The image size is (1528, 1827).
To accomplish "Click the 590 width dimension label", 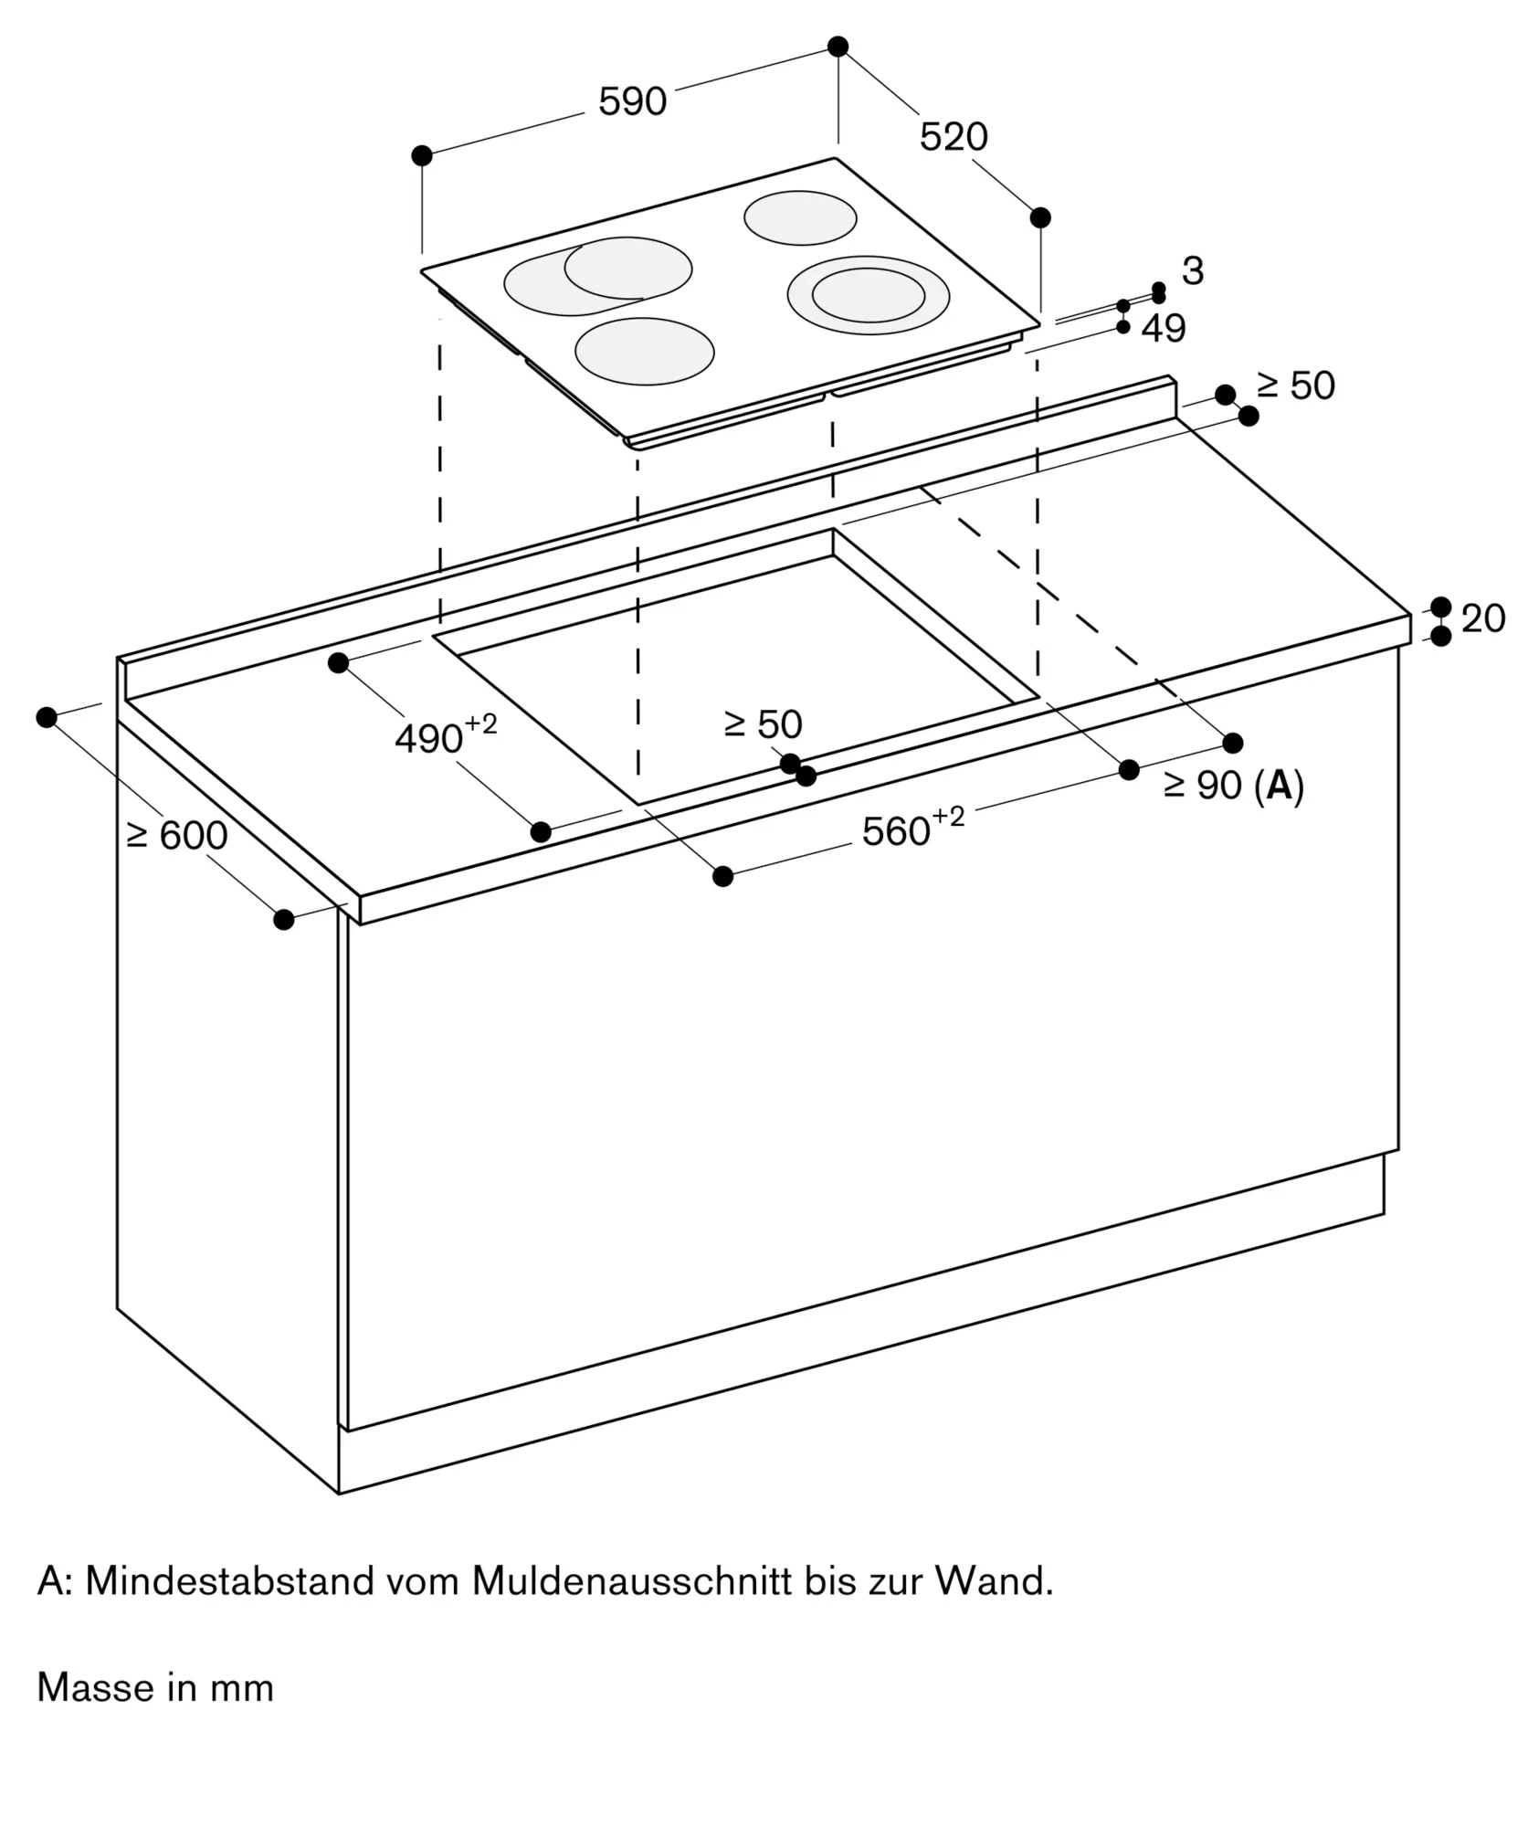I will pos(632,101).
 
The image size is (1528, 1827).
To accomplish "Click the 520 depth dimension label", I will pos(953,137).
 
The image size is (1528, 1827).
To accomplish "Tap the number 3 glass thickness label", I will pos(1192,271).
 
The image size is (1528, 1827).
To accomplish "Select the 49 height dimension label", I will pos(1164,329).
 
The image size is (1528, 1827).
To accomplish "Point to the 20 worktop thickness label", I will pos(1483,619).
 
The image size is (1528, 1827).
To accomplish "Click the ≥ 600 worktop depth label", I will pos(177,836).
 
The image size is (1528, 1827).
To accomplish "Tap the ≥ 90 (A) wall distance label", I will pos(1233,786).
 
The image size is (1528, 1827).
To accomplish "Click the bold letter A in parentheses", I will pos(1280,786).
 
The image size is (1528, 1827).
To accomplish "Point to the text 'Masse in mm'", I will pos(155,1687).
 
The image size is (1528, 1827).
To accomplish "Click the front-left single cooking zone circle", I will pos(644,352).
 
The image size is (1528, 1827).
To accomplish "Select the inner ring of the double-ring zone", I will pos(869,295).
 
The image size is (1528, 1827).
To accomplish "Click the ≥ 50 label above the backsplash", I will pos(1295,386).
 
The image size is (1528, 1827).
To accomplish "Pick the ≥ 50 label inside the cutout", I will pos(763,724).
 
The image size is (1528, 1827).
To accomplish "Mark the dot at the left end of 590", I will pos(422,156).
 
